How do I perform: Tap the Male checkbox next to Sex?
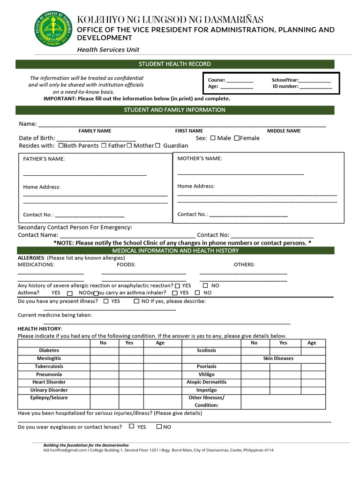[213, 138]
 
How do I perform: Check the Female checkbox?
[237, 138]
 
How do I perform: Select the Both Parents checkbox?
[61, 145]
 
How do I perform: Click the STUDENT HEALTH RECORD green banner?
[175, 64]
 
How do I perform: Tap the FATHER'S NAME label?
[44, 159]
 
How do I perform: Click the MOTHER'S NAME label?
[200, 158]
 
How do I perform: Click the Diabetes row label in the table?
[49, 351]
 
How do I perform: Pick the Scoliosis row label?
[206, 351]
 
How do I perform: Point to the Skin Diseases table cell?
[278, 359]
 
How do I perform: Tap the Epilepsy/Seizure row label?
[49, 398]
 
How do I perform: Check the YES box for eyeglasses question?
[132, 426]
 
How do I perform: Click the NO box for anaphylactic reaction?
[205, 285]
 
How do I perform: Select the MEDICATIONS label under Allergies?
[36, 265]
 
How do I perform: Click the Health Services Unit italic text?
[108, 50]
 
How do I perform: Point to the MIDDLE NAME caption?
[284, 131]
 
